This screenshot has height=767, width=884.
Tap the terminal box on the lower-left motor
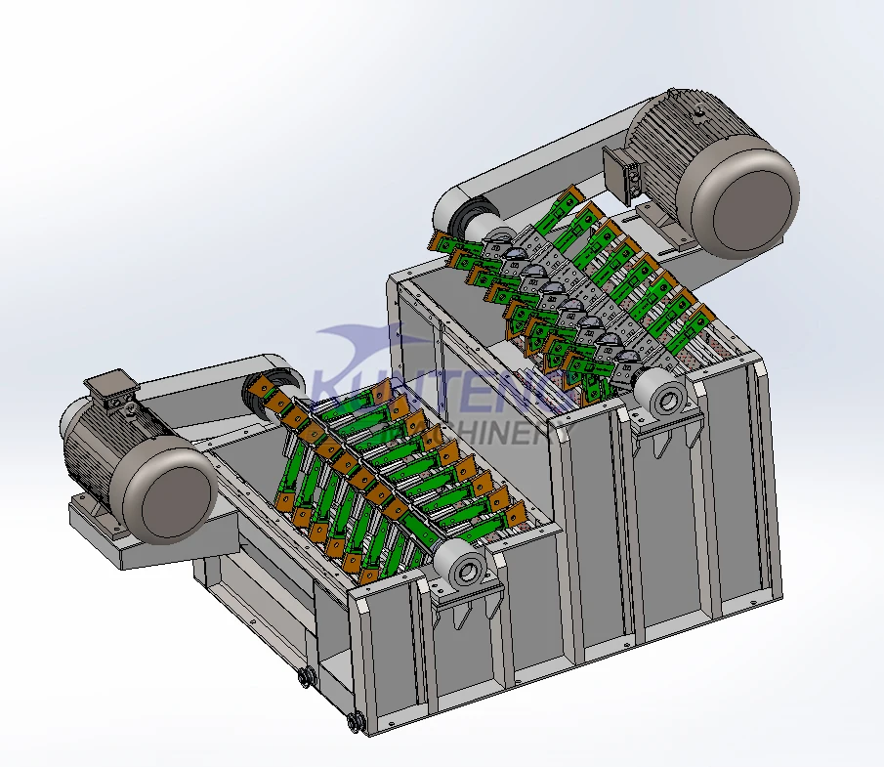point(115,388)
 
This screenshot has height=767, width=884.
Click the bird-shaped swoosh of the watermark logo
point(361,347)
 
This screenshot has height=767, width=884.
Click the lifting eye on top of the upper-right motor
point(701,114)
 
